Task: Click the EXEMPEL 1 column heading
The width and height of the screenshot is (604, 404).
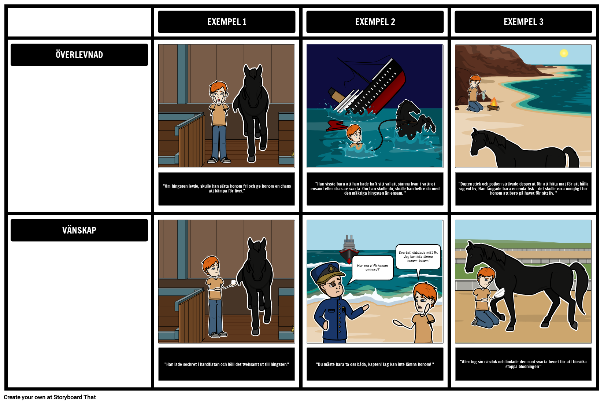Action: click(x=227, y=22)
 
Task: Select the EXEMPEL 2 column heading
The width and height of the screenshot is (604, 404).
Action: click(x=375, y=22)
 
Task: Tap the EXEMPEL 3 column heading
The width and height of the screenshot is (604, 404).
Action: click(x=523, y=22)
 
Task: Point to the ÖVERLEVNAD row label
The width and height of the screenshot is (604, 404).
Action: click(x=79, y=55)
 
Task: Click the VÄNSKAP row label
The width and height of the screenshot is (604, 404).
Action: click(x=79, y=230)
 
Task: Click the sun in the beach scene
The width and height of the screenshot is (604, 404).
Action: click(x=564, y=54)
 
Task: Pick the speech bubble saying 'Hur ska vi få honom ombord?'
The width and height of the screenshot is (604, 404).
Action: click(x=372, y=268)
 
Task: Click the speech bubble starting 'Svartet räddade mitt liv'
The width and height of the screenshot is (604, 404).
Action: click(x=418, y=257)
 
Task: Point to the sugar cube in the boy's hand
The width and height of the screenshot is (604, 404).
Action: click(x=233, y=282)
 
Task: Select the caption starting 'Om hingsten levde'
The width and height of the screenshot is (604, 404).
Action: click(x=227, y=188)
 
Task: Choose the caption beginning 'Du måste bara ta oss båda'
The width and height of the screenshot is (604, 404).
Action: click(x=375, y=364)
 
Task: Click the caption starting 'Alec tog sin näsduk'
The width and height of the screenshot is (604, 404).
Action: click(x=523, y=364)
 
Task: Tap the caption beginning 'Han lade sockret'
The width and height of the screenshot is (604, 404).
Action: click(x=227, y=364)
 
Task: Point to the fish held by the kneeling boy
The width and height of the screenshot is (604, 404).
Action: click(x=483, y=96)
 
